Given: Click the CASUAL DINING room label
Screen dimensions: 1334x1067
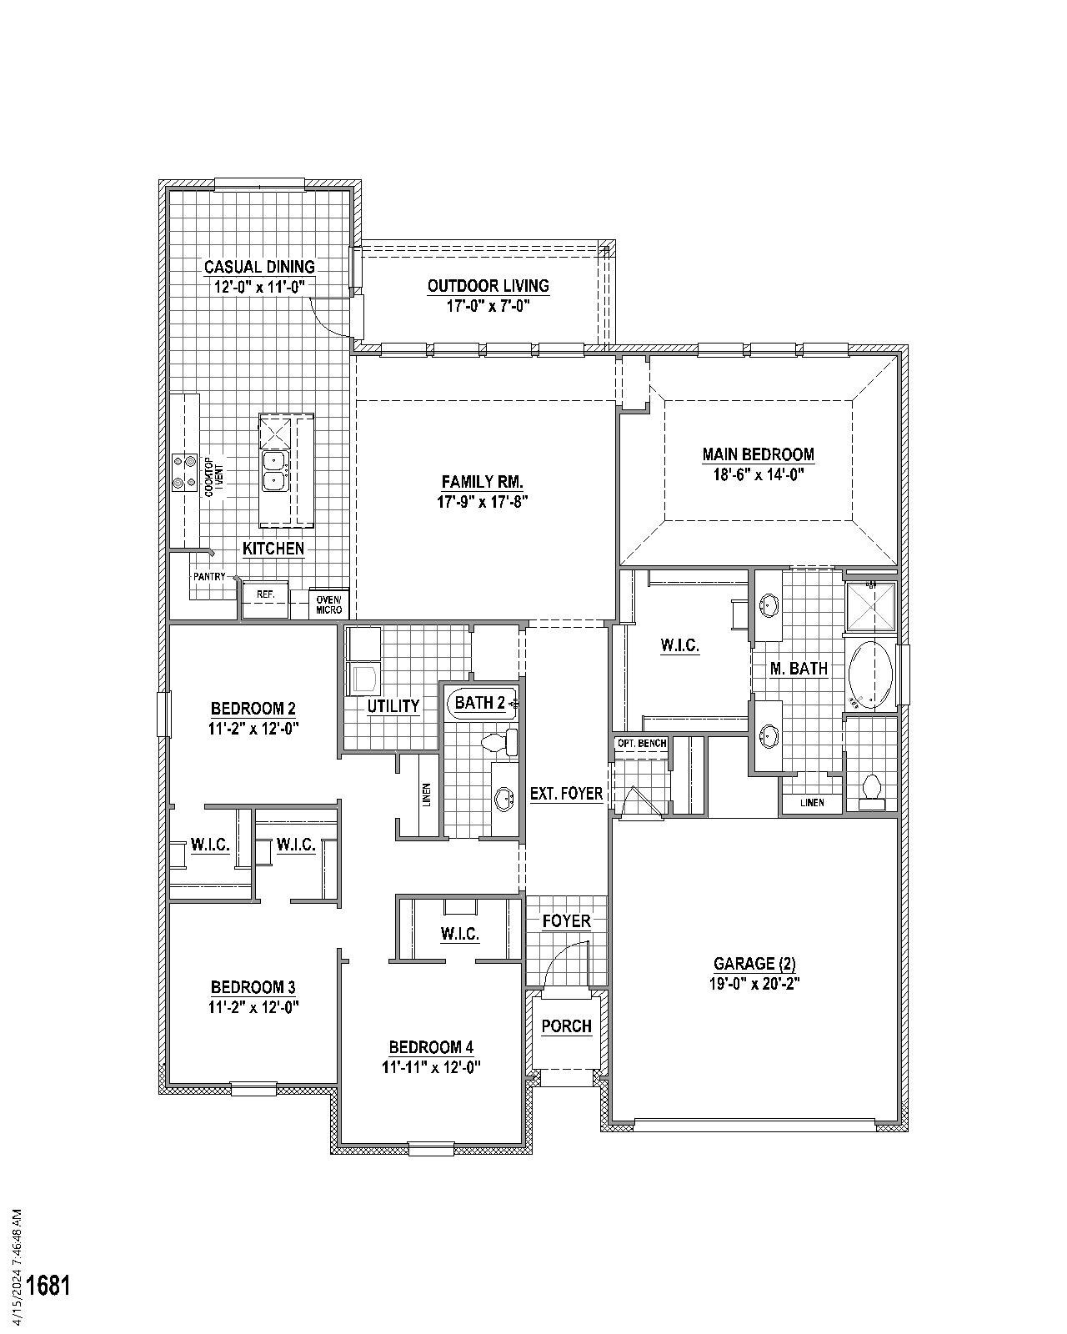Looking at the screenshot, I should [x=259, y=267].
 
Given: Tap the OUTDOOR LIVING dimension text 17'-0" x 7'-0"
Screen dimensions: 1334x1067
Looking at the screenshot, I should [x=488, y=306].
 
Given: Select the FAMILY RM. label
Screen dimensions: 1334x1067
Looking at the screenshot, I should [x=482, y=482].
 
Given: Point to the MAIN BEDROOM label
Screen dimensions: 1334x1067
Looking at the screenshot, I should [x=758, y=454].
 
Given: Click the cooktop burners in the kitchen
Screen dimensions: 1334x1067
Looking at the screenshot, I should [x=184, y=472].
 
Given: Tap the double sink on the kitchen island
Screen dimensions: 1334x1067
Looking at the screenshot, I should [x=273, y=471].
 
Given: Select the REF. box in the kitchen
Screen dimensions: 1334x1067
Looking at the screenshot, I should [x=265, y=595].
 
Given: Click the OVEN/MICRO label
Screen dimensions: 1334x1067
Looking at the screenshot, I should [x=328, y=604].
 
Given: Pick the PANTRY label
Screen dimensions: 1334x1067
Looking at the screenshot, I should [x=208, y=576].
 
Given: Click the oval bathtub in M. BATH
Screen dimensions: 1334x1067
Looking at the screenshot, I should [x=870, y=674].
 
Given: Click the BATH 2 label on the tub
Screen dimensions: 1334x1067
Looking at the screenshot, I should [x=480, y=703].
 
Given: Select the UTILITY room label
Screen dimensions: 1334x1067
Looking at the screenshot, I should [x=393, y=706].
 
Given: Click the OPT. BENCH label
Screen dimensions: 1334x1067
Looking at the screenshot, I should [x=640, y=743].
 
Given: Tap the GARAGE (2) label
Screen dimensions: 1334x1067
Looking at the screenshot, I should [x=753, y=964].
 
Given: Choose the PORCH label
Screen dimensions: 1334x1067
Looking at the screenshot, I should [x=566, y=1026].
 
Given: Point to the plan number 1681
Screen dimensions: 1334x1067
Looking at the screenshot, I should [x=48, y=1285].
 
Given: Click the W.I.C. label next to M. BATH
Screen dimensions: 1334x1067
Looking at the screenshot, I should [x=679, y=645].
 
